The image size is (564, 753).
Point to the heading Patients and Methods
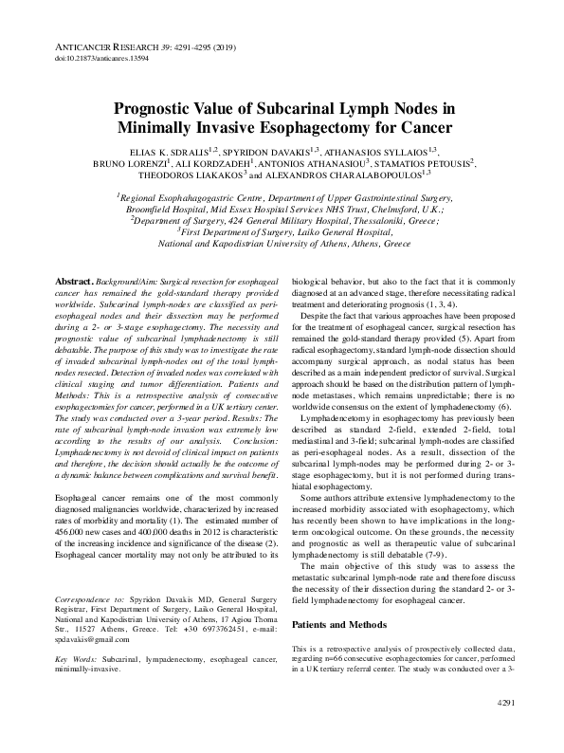click(x=339, y=625)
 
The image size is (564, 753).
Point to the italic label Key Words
click(x=77, y=657)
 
